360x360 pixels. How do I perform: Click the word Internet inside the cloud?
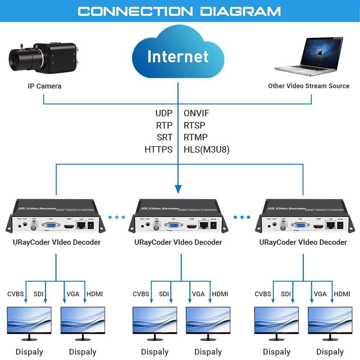(178, 57)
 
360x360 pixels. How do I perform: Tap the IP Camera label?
(44, 86)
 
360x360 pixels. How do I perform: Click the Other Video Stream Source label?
(309, 86)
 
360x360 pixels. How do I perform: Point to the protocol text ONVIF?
(196, 113)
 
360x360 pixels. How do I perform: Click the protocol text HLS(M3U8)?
(206, 149)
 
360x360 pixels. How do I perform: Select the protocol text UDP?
(164, 113)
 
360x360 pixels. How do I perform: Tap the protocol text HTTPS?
(158, 149)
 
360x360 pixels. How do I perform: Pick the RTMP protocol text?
(195, 137)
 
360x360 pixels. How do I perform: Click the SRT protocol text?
(165, 137)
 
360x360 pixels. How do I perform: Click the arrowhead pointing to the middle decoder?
(178, 189)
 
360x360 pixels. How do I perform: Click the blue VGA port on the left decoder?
(50, 226)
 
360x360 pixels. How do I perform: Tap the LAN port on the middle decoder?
(204, 226)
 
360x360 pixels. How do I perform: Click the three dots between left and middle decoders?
(117, 217)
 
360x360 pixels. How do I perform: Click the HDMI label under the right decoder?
(342, 294)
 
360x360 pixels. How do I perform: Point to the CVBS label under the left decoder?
(15, 294)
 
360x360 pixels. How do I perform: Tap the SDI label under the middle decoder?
(164, 294)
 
